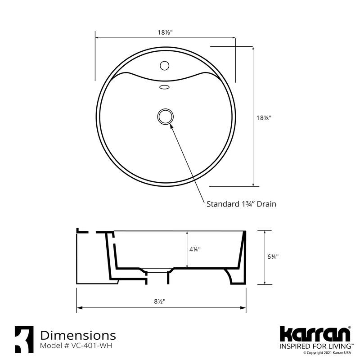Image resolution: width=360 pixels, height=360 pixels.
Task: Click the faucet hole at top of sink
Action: [x=165, y=66]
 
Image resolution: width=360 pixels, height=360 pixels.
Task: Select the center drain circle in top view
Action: [x=165, y=116]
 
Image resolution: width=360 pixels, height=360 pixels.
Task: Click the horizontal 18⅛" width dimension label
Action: [x=165, y=32]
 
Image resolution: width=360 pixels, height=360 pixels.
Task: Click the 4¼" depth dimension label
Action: [x=194, y=249]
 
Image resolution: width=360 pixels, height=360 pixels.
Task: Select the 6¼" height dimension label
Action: [x=273, y=256]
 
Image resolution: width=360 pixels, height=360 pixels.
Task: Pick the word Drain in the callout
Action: [x=266, y=204]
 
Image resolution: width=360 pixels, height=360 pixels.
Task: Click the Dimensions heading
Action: [x=78, y=335]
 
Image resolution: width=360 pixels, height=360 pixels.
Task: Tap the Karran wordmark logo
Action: [x=315, y=335]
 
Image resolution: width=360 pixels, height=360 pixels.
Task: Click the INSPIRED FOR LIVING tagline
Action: [x=315, y=346]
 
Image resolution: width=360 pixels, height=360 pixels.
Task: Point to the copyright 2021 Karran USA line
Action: [x=327, y=352]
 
